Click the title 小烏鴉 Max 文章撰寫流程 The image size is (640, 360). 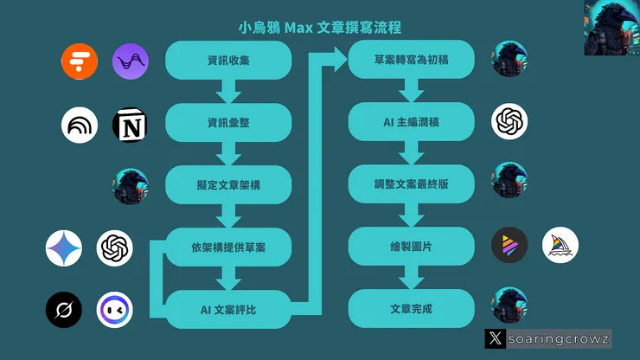[319, 28]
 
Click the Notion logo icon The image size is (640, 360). [131, 125]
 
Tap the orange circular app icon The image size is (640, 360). [80, 61]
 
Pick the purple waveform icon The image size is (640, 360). [131, 61]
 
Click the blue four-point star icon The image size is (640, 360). [64, 248]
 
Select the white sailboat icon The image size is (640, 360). [560, 246]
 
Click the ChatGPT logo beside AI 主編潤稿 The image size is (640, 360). [509, 122]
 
